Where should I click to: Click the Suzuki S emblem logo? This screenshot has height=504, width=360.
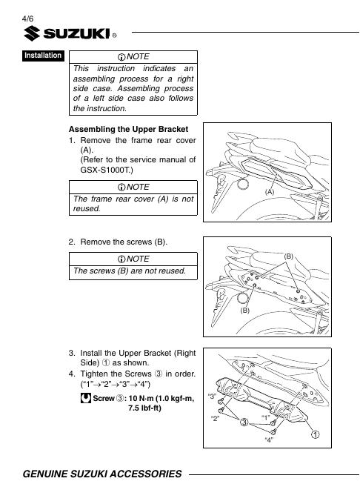coord(32,33)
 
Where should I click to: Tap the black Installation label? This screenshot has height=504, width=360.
coord(43,56)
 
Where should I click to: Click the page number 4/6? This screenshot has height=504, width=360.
coord(27,19)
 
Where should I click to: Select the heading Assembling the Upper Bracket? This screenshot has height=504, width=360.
coord(128,129)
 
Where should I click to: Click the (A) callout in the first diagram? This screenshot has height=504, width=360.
coord(270,192)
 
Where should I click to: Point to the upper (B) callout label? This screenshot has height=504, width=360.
coord(289,256)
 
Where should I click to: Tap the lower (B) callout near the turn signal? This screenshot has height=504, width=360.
coord(244,311)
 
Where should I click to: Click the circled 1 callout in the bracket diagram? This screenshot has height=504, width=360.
coord(316,434)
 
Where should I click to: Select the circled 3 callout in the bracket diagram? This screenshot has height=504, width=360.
coord(244,422)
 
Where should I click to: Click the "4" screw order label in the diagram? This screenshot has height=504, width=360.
coord(269,440)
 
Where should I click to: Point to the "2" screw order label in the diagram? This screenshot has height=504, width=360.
coord(215,418)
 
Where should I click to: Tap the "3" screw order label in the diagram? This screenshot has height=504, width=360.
coord(213,396)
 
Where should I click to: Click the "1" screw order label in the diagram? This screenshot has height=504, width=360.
coord(265,418)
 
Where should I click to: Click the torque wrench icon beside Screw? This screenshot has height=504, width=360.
coord(86,398)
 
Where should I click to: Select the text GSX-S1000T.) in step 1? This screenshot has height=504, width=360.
coord(107,170)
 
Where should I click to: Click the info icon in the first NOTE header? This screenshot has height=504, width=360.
coord(121,57)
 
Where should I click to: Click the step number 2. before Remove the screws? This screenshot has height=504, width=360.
coord(72,242)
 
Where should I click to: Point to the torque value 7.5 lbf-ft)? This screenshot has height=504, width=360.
coord(144,408)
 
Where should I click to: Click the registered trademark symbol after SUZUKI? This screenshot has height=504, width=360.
coord(114,36)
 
